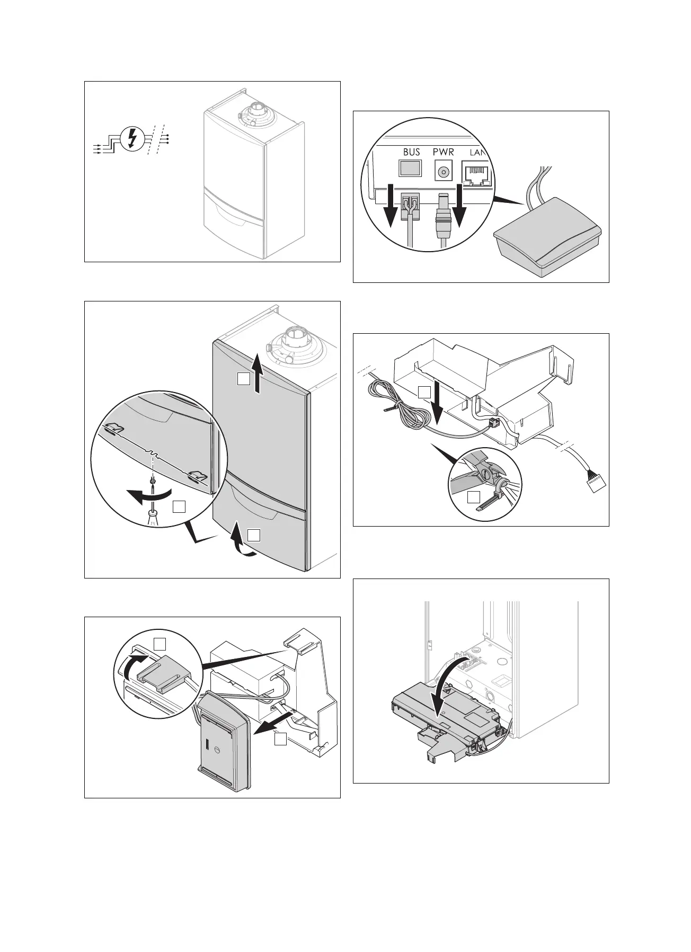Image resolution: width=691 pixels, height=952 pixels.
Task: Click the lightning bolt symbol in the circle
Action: coord(132,139)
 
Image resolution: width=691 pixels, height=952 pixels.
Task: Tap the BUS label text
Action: coord(411,152)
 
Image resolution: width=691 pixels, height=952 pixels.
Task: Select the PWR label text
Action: coord(443,152)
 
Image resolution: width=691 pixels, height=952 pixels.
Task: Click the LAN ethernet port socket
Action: coord(479,174)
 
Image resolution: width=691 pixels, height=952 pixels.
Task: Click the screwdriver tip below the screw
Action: coord(153,513)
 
